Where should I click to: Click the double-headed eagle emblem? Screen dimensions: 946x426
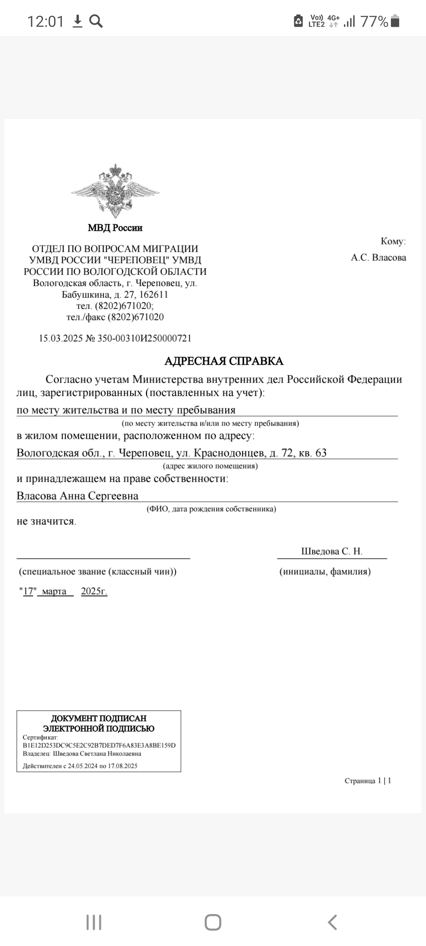pos(115,191)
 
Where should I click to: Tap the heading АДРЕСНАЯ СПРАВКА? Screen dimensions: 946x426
pos(224,361)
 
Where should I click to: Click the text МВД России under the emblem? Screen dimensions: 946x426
pos(115,228)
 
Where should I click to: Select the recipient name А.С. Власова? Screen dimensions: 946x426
pos(378,258)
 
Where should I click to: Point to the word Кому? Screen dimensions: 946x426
pos(393,241)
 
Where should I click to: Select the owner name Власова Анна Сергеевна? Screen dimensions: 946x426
pos(77,496)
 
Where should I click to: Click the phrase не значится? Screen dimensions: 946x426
pos(46,521)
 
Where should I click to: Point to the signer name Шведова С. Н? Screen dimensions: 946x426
pos(332,551)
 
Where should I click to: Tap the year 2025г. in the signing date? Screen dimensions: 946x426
pos(94,591)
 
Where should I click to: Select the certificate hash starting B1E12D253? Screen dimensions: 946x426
pos(99,746)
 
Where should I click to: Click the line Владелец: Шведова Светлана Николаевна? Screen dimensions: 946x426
pos(82,754)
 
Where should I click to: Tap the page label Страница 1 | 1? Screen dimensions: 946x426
pos(368,780)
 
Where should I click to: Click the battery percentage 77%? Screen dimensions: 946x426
pos(374,21)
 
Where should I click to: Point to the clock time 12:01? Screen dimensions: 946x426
pos(45,21)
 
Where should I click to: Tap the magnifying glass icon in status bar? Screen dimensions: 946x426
pos(96,21)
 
